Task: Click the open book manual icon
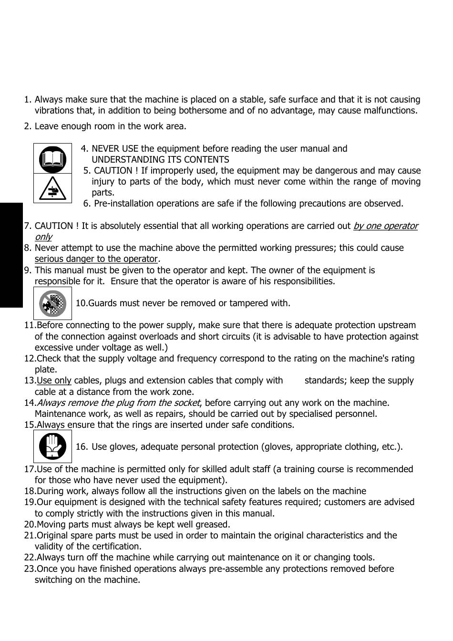pos(52,159)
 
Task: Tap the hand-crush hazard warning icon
pos(52,188)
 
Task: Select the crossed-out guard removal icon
pos(52,303)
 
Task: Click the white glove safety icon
pos(52,446)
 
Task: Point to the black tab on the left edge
pos(11,255)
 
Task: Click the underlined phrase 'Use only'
pos(54,381)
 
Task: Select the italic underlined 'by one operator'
pos(385,226)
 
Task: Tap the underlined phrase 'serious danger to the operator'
pos(96,259)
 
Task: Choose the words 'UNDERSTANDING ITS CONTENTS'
pos(160,160)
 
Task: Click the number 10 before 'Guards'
pos(81,303)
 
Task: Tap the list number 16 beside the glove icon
pos(81,447)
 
